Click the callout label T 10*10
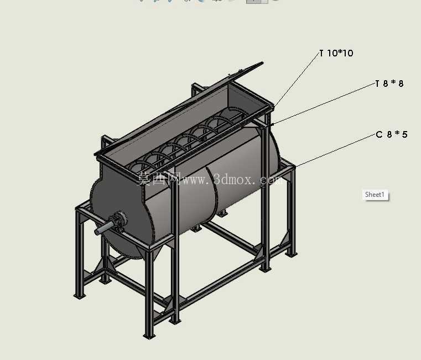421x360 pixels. coord(336,53)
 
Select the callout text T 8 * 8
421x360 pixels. coord(389,84)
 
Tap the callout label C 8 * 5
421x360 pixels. coord(392,134)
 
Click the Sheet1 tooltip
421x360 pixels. coord(375,195)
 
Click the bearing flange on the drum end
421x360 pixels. coord(119,221)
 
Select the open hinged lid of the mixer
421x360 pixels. coord(179,107)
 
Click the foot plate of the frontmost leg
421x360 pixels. coord(149,336)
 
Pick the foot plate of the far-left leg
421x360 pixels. coord(79,296)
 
